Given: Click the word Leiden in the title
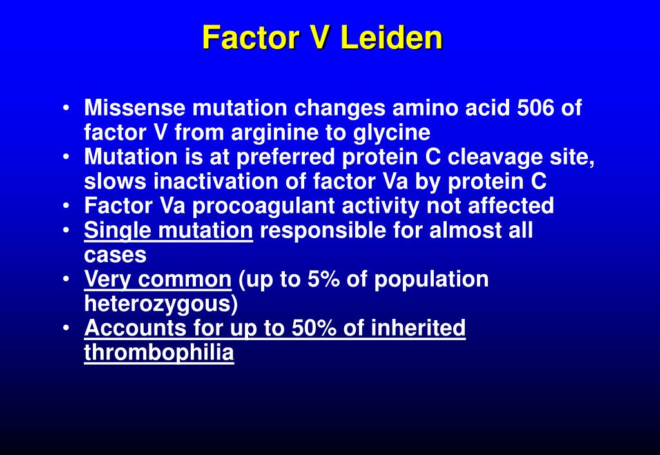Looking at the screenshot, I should (x=392, y=37).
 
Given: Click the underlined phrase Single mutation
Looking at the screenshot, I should (x=168, y=230).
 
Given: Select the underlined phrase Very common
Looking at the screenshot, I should (x=157, y=279).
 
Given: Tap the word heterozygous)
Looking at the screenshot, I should (x=161, y=303).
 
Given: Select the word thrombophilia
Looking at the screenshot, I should (x=159, y=353).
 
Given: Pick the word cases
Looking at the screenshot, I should (x=115, y=255).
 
